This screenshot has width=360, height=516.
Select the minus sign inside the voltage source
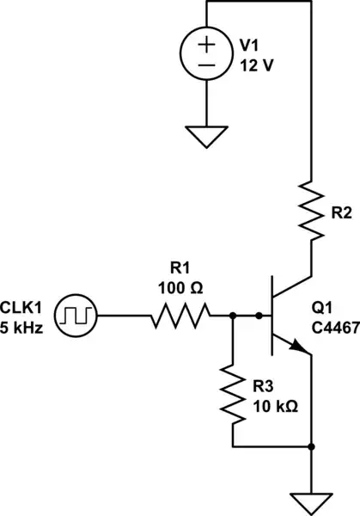pyautogui.click(x=207, y=65)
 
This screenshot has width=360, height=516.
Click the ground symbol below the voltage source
pyautogui.click(x=207, y=134)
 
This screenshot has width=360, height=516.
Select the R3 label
pyautogui.click(x=266, y=386)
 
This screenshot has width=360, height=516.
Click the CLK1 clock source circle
pyautogui.click(x=77, y=317)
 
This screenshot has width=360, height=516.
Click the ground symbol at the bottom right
pyautogui.click(x=310, y=501)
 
